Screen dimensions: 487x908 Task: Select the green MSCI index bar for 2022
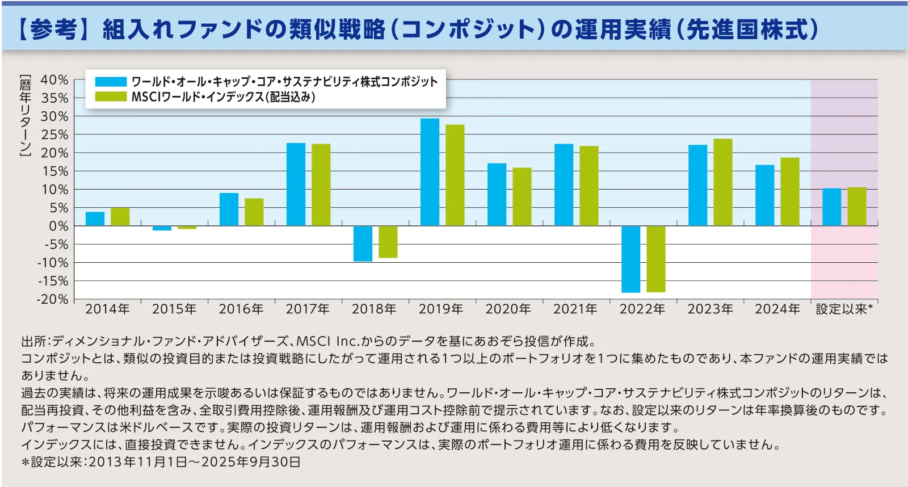coord(655,259)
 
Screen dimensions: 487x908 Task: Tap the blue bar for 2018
coord(363,244)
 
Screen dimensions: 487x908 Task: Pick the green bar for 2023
coord(722,182)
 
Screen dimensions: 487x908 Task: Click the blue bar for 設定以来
coord(831,207)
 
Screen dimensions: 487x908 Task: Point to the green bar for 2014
coord(120,217)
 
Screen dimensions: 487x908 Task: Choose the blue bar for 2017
coord(296,184)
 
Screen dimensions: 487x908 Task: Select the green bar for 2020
coord(522,197)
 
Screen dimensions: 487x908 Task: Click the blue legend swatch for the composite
coord(111,82)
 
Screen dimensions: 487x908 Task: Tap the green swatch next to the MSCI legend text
coord(111,96)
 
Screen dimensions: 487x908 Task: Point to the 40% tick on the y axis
coord(54,80)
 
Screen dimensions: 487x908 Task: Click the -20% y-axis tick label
coord(52,299)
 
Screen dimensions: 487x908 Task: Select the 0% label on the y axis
coord(58,226)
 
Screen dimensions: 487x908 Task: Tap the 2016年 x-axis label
coord(241,309)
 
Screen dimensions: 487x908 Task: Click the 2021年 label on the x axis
coord(575,309)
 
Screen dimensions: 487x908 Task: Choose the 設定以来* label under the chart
coord(844,309)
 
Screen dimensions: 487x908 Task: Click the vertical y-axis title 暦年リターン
coord(26,115)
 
